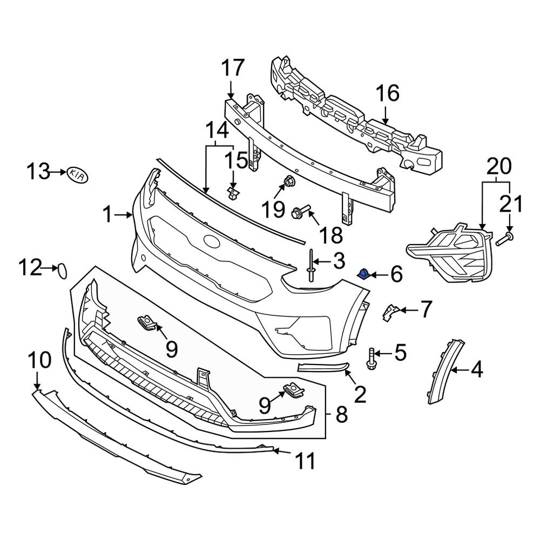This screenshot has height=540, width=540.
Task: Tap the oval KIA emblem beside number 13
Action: [x=77, y=174]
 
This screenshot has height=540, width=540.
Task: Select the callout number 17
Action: [x=233, y=69]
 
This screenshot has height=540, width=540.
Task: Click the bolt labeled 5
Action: [x=371, y=359]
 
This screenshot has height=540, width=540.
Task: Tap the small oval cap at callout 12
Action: [x=63, y=269]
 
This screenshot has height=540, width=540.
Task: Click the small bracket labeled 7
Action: [x=390, y=312]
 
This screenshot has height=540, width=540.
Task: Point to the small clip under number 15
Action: [x=233, y=192]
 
